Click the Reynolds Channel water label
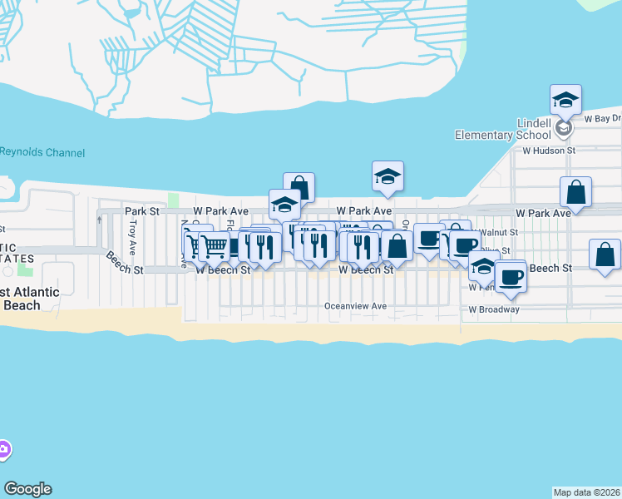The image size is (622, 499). pyautogui.click(x=42, y=152)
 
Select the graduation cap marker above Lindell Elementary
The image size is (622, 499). pyautogui.click(x=565, y=100)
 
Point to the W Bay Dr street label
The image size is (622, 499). pyautogui.click(x=602, y=119)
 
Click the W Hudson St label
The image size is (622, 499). pyautogui.click(x=549, y=151)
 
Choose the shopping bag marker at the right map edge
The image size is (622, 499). pyautogui.click(x=605, y=254)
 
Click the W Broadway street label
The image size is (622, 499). pyautogui.click(x=494, y=309)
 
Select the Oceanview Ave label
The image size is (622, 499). pyautogui.click(x=356, y=306)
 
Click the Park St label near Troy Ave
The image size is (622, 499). pyautogui.click(x=142, y=211)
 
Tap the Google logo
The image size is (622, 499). pyautogui.click(x=27, y=489)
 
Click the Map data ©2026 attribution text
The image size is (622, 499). pyautogui.click(x=586, y=492)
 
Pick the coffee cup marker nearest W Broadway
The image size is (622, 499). pyautogui.click(x=511, y=276)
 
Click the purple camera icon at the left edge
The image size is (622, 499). pyautogui.click(x=3, y=450)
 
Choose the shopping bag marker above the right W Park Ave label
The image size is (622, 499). pyautogui.click(x=575, y=192)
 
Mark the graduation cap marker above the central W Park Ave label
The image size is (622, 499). pyautogui.click(x=388, y=176)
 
